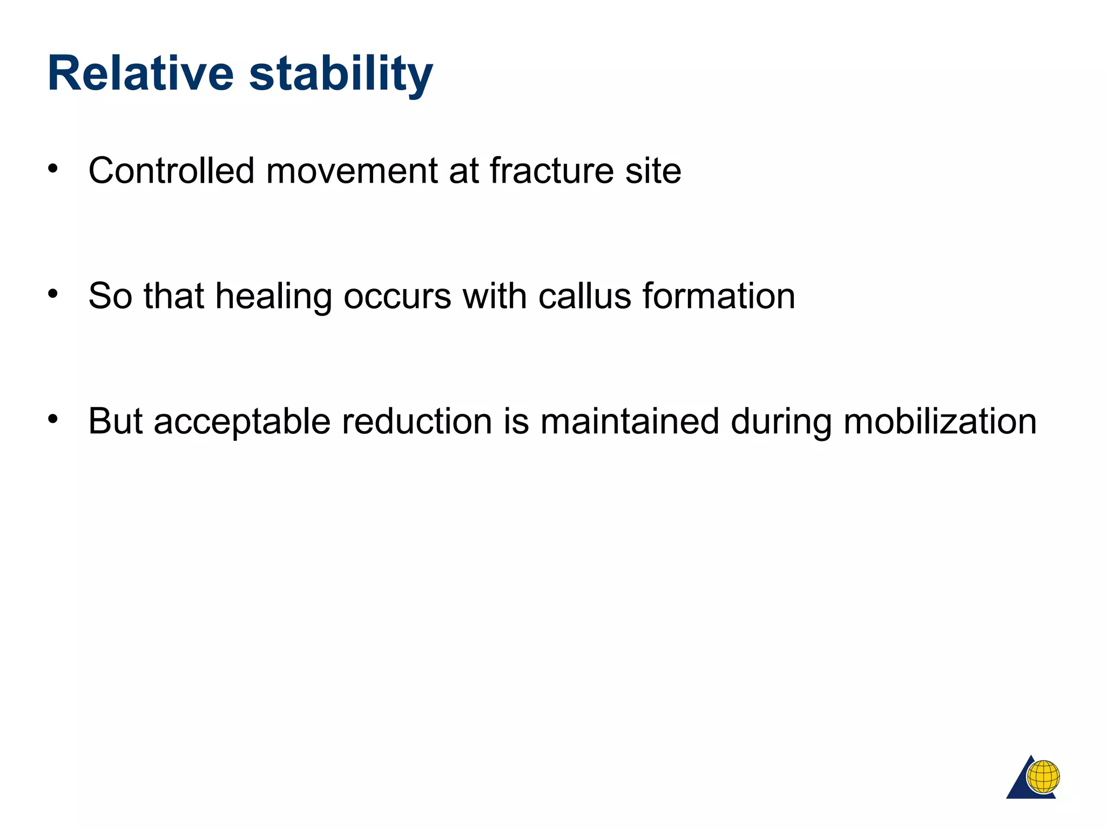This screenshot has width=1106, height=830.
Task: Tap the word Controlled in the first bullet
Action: click(x=171, y=171)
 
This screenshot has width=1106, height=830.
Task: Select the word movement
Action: click(x=352, y=171)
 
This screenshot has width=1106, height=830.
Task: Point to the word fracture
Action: click(x=551, y=171)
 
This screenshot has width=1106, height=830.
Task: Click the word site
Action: click(x=653, y=171)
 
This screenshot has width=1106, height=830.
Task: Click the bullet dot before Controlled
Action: click(x=52, y=169)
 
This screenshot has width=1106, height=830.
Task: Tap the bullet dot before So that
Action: click(x=52, y=294)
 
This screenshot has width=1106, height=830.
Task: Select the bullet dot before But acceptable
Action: click(x=52, y=419)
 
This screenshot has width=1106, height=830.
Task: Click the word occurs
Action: click(x=397, y=297)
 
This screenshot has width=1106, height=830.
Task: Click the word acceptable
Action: click(x=242, y=422)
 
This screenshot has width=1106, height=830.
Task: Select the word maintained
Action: click(x=630, y=421)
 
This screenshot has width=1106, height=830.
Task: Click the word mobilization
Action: click(x=940, y=421)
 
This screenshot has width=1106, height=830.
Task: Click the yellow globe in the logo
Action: click(x=1043, y=777)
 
